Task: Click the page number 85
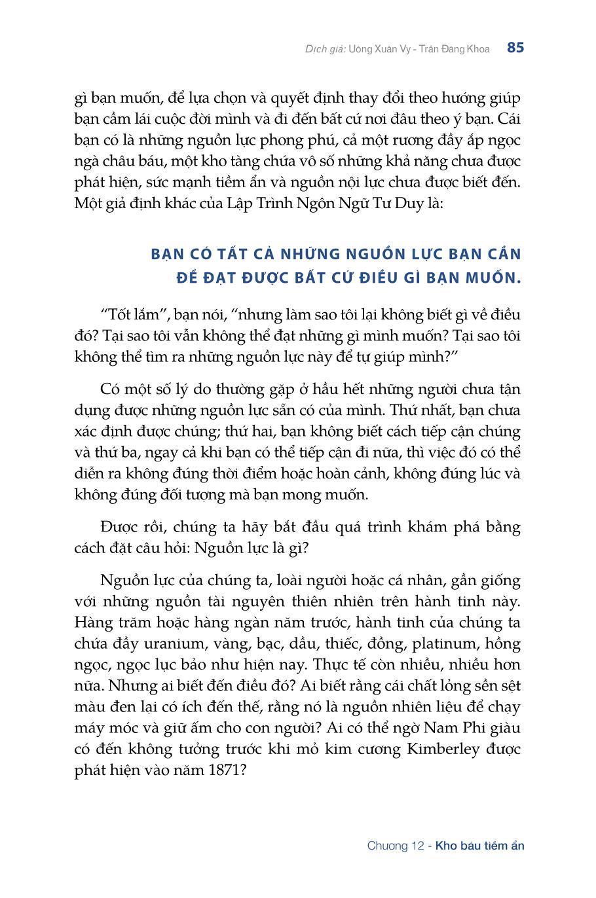point(515,48)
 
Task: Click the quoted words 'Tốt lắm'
point(134,315)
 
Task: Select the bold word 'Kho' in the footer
point(446,846)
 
